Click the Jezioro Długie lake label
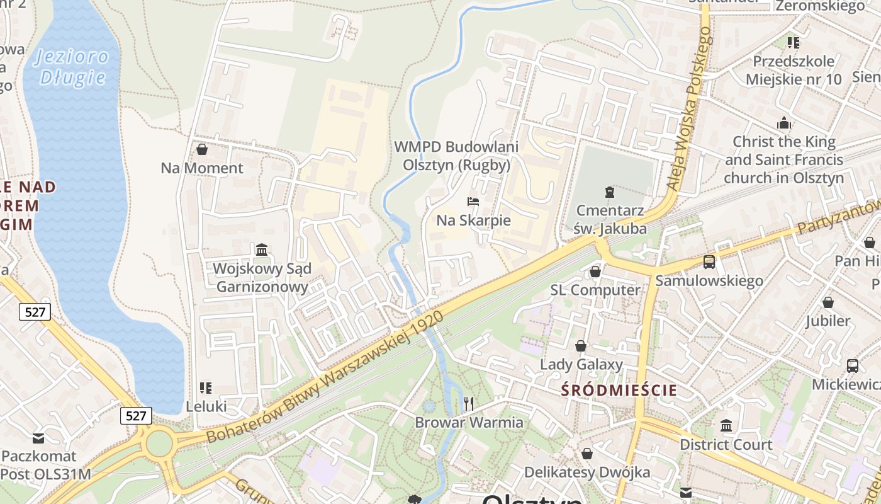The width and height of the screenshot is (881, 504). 71,67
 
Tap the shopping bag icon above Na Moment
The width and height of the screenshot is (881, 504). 202,149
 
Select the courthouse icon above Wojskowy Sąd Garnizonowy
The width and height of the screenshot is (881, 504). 262,250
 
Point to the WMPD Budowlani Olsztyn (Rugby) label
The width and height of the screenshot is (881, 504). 456,156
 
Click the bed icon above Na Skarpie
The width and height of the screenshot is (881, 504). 473,202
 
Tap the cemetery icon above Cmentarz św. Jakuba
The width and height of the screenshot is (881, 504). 609,192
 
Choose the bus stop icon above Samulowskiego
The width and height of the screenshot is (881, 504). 709,261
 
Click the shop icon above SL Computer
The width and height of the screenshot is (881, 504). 595,272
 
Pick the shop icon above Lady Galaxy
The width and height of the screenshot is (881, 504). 581,346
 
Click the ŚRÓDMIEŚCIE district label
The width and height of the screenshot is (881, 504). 619,390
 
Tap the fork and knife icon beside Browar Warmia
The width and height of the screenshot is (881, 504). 468,403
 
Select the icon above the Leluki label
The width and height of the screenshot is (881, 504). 206,387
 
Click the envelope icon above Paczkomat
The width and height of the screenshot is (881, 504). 38,437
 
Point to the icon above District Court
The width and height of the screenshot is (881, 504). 726,426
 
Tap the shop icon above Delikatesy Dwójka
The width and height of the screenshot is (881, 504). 587,454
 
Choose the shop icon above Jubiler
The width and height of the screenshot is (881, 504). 828,303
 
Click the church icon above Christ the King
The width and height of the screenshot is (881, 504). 783,122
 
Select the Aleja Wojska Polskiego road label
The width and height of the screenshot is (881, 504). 691,110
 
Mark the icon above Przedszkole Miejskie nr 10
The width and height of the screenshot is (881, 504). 793,43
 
